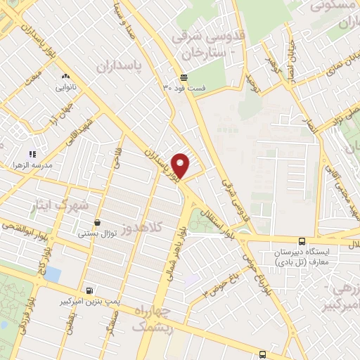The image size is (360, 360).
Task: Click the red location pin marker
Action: coord(181,165)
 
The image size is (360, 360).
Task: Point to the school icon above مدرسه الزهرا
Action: coord(32,153)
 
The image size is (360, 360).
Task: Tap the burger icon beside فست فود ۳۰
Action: coord(184,77)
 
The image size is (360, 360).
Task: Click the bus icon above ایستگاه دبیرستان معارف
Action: coord(301,239)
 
